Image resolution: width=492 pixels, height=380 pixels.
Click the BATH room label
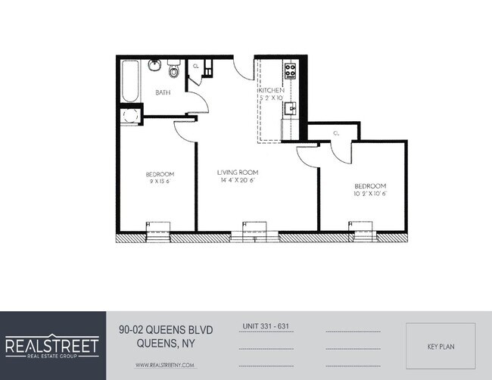point(163,92)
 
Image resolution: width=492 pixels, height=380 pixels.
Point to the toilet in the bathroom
point(173,71)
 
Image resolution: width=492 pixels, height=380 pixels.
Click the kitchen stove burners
point(289,72)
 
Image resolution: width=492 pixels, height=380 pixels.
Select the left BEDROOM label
point(160,174)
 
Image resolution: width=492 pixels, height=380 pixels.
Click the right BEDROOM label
point(370,186)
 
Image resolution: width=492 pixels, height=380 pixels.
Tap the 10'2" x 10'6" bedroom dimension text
point(370,194)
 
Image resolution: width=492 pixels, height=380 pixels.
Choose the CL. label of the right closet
point(335,133)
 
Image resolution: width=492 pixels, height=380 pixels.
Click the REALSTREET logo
point(52,347)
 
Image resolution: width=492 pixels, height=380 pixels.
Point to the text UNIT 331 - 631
point(266,326)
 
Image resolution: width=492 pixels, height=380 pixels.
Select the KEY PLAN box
point(441,347)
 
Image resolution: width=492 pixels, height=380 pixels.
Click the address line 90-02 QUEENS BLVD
point(167,329)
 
